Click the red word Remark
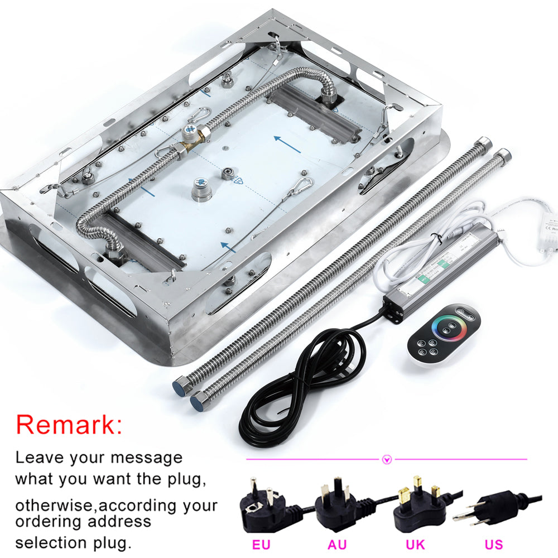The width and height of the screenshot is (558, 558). coord(68,425)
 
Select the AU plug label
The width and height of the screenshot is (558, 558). coord(337,544)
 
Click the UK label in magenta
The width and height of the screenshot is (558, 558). coord(416,544)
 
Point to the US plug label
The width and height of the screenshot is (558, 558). coord(493,544)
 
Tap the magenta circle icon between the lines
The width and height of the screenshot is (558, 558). coord(387,460)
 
